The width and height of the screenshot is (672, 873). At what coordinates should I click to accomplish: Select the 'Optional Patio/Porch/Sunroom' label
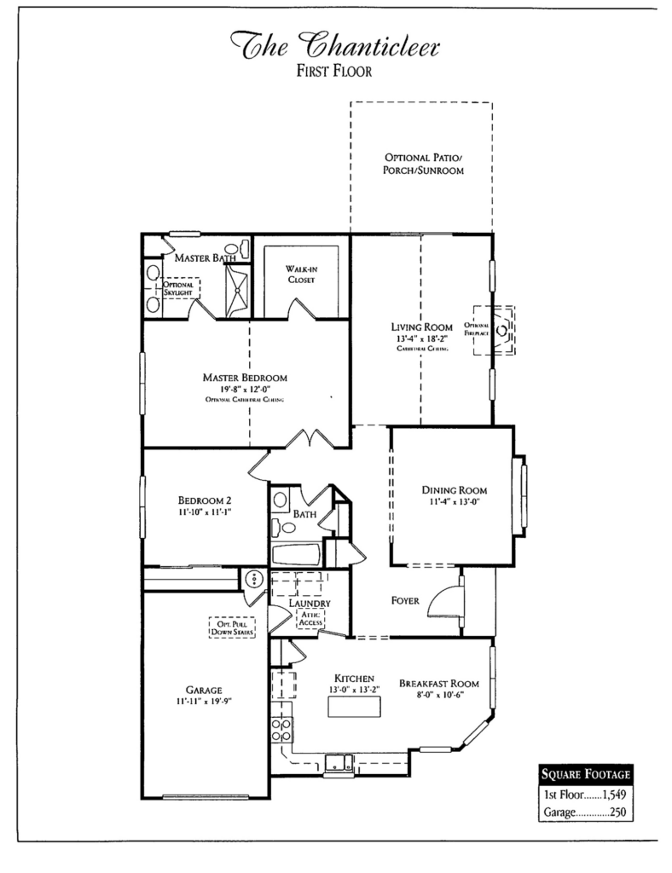tap(423, 165)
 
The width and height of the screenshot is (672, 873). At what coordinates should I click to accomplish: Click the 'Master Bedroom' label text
tap(245, 377)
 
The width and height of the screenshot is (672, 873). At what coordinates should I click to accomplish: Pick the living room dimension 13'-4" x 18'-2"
tap(423, 339)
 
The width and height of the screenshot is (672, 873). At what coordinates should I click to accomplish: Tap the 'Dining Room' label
tap(454, 490)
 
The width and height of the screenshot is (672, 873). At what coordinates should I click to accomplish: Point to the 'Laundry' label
tap(308, 604)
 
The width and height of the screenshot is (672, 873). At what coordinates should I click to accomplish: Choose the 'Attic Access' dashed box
tap(310, 618)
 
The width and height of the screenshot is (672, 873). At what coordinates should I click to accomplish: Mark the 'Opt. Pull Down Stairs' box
tap(231, 629)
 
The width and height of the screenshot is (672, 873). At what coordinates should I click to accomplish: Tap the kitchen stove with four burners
tap(281, 730)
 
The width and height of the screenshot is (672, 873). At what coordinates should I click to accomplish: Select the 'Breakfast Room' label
tap(438, 684)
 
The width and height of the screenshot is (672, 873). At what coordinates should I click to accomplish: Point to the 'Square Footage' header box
tap(586, 775)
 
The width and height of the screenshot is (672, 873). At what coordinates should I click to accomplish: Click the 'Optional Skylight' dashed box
tap(177, 289)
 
